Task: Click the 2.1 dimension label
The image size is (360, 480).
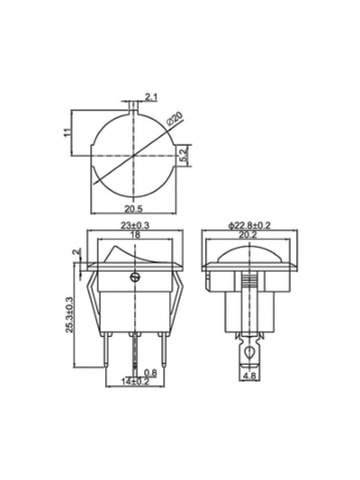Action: coord(151,97)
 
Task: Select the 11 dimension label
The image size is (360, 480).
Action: coord(67,132)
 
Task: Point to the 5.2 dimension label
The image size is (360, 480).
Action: coord(183,156)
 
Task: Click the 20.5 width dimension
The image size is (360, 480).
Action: coord(134,209)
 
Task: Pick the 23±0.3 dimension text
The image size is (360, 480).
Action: coord(135,226)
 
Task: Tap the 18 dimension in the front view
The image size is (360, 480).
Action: coord(135,235)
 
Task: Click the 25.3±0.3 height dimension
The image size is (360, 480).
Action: coord(69,314)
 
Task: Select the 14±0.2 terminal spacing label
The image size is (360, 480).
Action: coord(135,382)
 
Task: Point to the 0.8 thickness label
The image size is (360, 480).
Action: coord(150,373)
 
